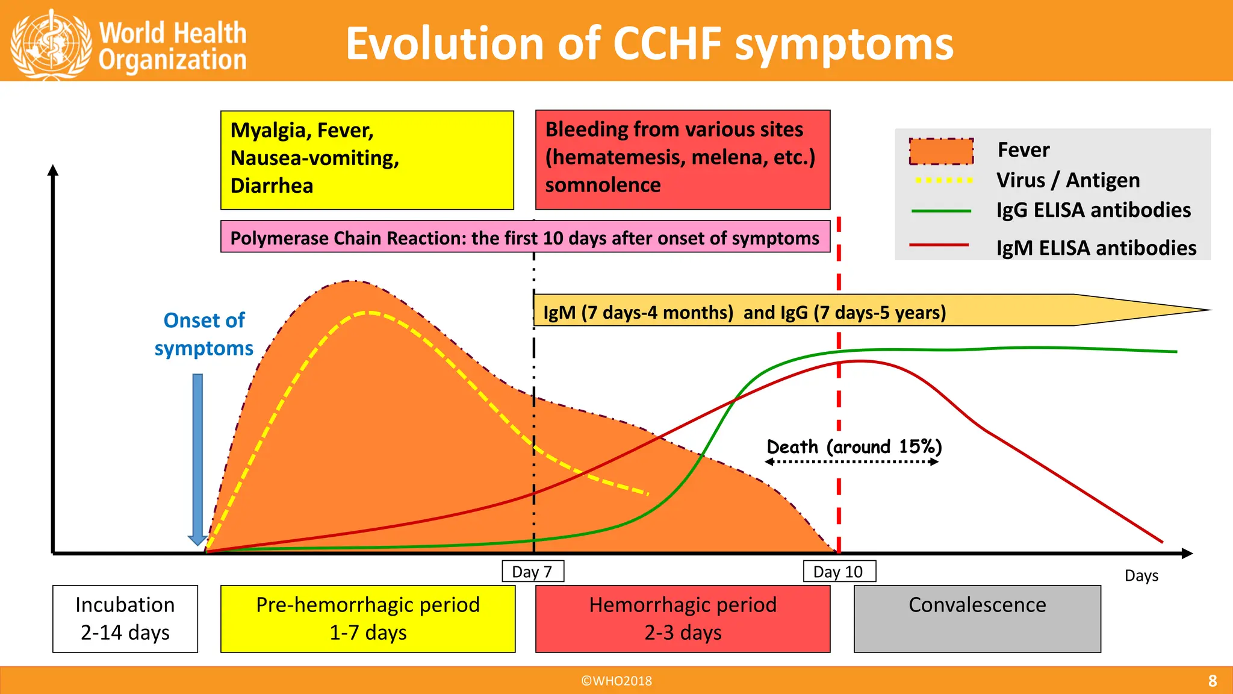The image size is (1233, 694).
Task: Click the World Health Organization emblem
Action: pyautogui.click(x=51, y=43)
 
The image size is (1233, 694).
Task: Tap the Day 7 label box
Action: pyautogui.click(x=533, y=572)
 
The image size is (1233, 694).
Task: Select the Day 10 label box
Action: pyautogui.click(x=839, y=572)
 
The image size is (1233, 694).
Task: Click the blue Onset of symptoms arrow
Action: pyautogui.click(x=197, y=458)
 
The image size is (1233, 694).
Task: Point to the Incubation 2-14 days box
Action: pyautogui.click(x=125, y=619)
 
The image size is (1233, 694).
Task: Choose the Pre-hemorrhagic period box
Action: pyautogui.click(x=368, y=619)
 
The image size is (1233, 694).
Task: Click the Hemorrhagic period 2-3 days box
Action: pyautogui.click(x=683, y=619)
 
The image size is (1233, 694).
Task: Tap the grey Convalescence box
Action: pyautogui.click(x=977, y=619)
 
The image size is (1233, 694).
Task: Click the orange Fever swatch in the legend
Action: pyautogui.click(x=941, y=151)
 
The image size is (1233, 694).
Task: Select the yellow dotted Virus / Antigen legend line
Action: pyautogui.click(x=943, y=180)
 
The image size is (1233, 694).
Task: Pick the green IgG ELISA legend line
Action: pyautogui.click(x=941, y=211)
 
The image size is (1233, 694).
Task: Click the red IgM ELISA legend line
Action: pyautogui.click(x=939, y=245)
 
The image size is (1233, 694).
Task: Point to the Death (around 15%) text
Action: pyautogui.click(x=854, y=447)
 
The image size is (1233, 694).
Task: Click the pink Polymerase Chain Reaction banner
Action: pyautogui.click(x=524, y=238)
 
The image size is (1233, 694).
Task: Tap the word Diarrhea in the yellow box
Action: pyautogui.click(x=272, y=186)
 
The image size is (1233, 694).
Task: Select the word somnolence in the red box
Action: pyautogui.click(x=603, y=185)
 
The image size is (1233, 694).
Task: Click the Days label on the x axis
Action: pyautogui.click(x=1141, y=576)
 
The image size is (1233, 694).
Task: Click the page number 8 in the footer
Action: pyautogui.click(x=1212, y=681)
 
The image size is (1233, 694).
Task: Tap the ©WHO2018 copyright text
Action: pyautogui.click(x=616, y=681)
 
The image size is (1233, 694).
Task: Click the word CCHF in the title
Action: pyautogui.click(x=667, y=44)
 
